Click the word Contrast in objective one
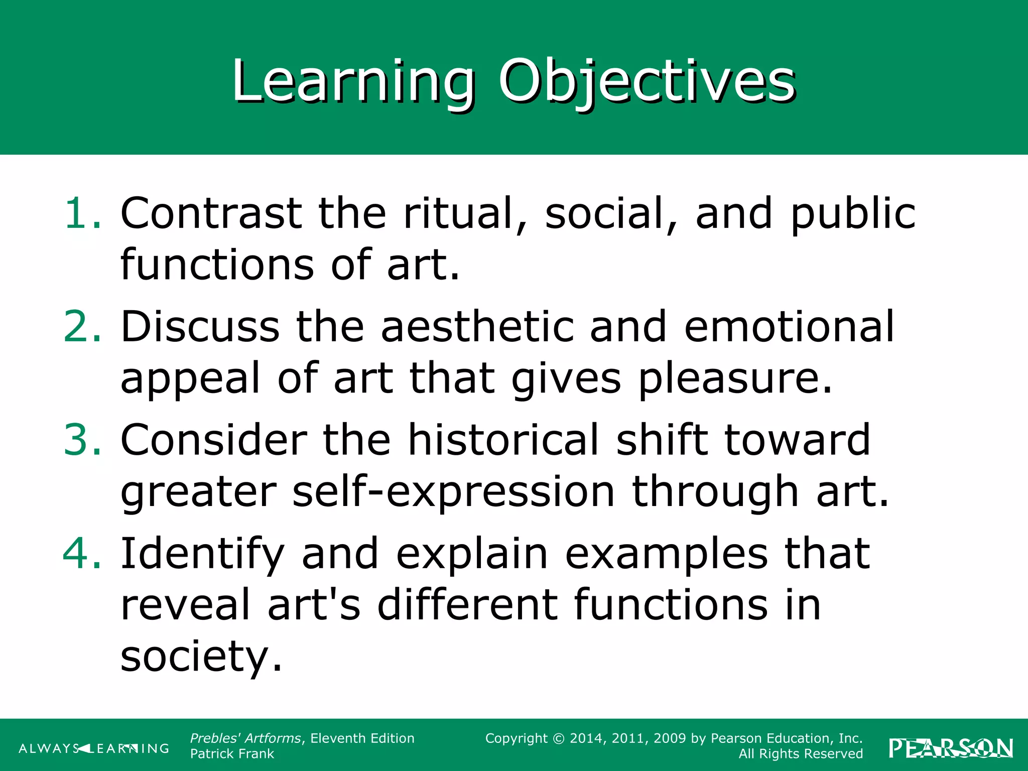(211, 213)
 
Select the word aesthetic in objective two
(477, 327)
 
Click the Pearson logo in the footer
(951, 748)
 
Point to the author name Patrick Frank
(232, 754)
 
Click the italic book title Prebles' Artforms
(245, 738)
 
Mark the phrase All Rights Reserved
(801, 754)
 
